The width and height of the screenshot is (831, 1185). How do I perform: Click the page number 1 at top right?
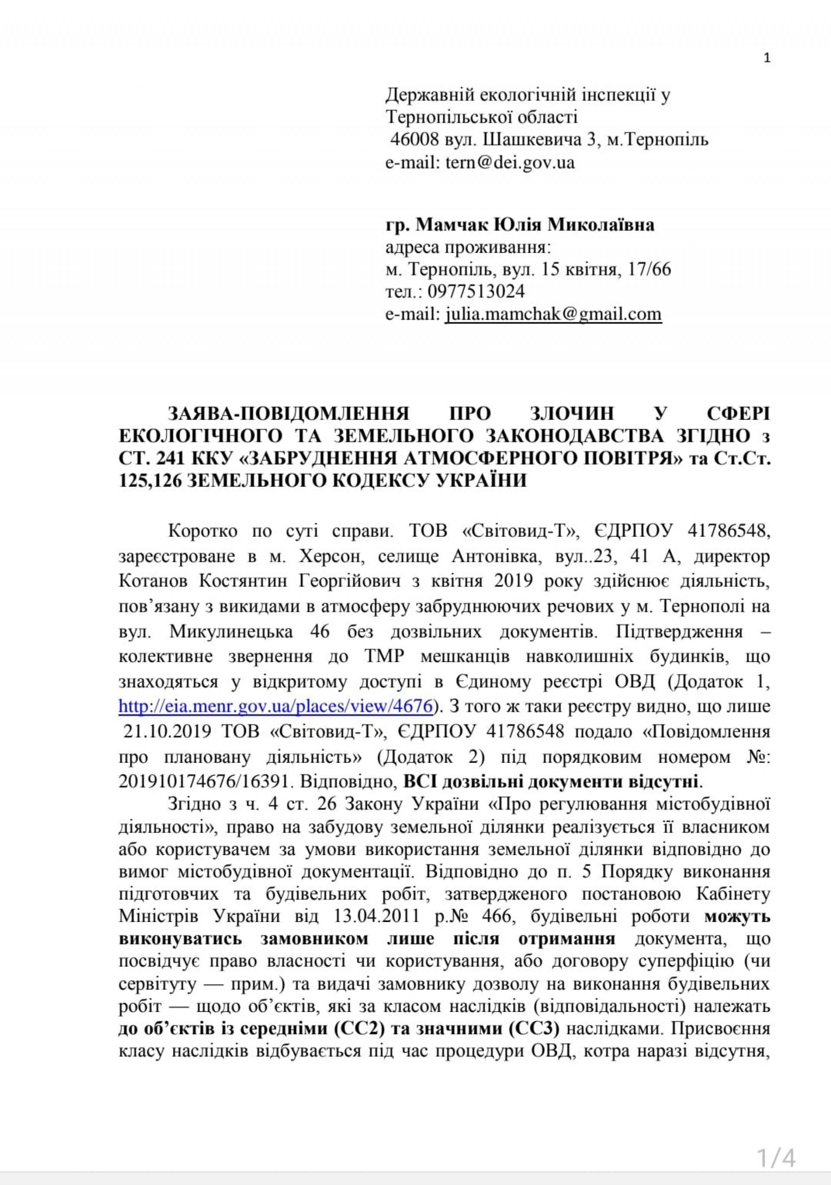pos(767,58)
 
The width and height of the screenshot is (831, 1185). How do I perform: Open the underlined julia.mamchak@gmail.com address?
pos(553,314)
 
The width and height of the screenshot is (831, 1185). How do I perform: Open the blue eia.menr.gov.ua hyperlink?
pos(275,706)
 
